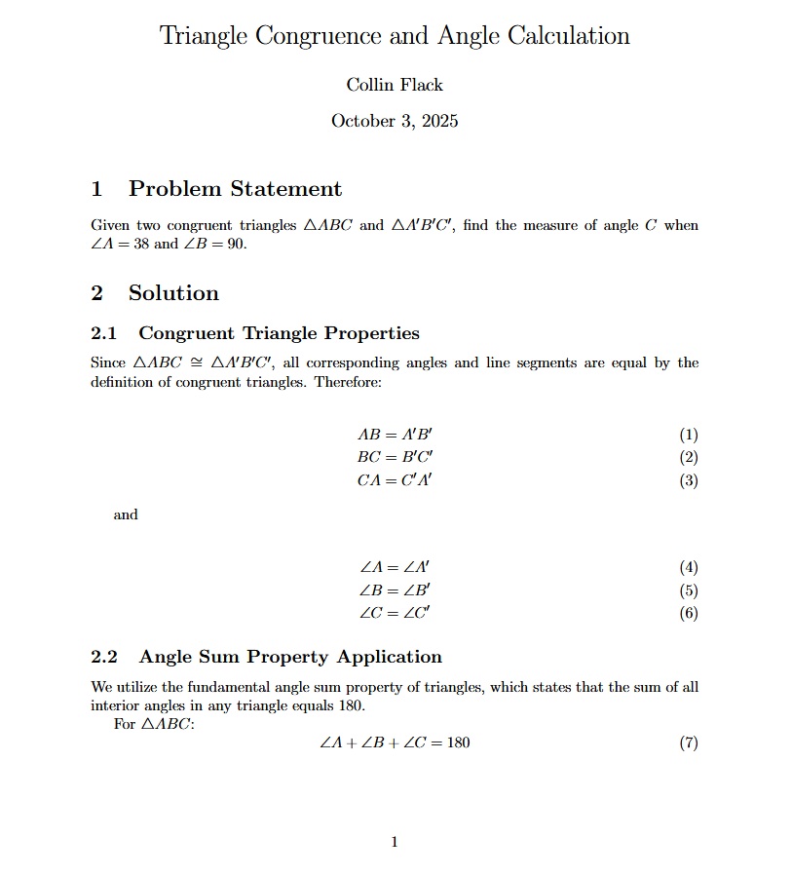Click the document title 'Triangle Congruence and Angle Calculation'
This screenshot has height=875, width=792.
[395, 36]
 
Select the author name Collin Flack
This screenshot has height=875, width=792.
[395, 85]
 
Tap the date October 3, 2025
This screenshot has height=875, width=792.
[395, 121]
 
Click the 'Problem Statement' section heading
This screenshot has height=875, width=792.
[235, 188]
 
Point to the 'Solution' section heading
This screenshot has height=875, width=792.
[173, 292]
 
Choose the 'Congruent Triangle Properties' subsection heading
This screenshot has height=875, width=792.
[279, 333]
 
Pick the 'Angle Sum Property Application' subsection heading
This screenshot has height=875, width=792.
[290, 657]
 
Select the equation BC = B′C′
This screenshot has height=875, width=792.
[395, 457]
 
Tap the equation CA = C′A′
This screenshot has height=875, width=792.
[395, 479]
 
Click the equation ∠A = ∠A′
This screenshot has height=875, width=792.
[395, 567]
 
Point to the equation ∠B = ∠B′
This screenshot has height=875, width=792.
[395, 590]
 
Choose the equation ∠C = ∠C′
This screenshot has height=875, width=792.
[395, 613]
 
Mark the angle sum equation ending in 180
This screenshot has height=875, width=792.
[395, 742]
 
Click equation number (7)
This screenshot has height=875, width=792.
[689, 742]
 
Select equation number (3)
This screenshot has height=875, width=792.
[689, 479]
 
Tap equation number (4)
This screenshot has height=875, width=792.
[689, 567]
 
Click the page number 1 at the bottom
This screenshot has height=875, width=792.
[394, 842]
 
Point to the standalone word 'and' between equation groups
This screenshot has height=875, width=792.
[126, 514]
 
